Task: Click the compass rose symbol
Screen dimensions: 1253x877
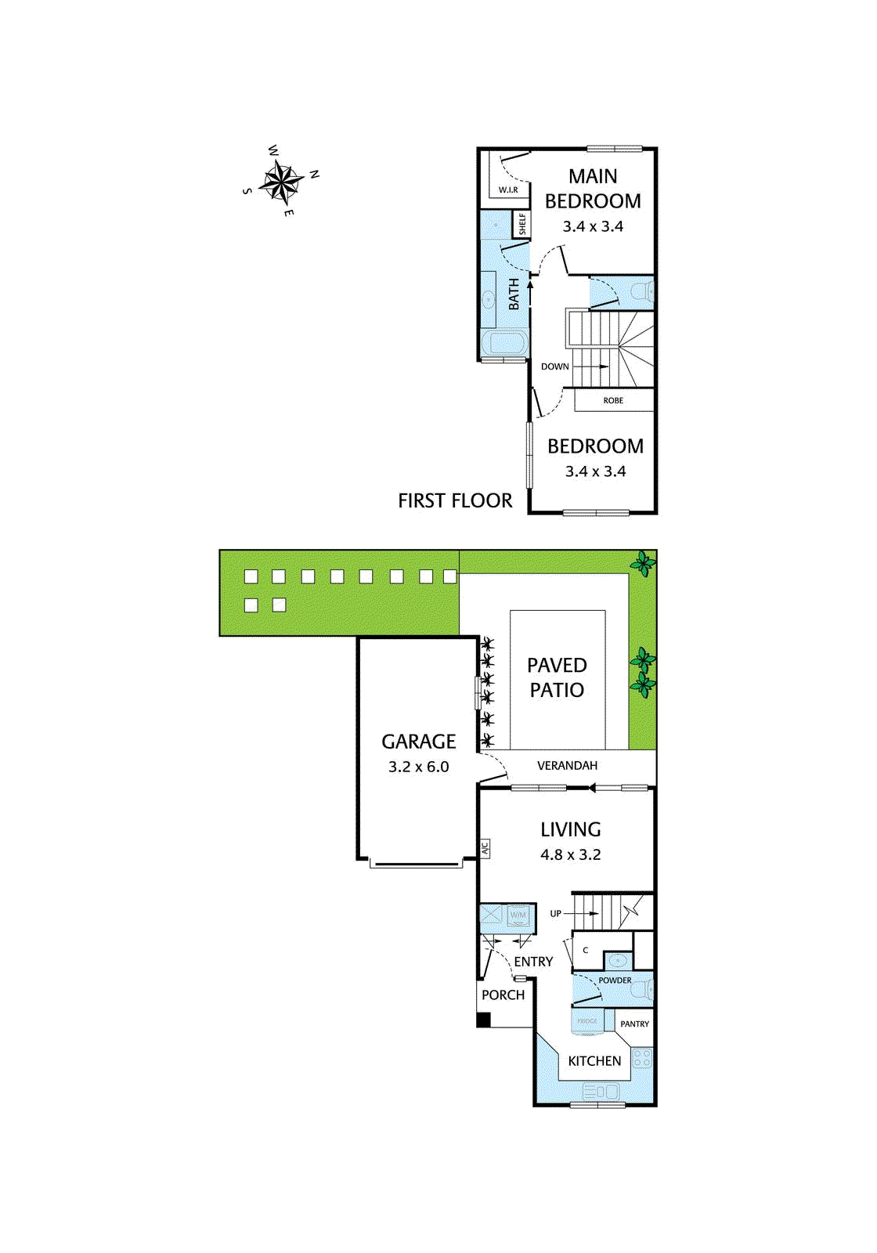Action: [281, 182]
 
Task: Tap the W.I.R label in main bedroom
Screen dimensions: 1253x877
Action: [508, 190]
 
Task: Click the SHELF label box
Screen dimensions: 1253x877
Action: [522, 224]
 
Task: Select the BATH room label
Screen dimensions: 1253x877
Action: [514, 294]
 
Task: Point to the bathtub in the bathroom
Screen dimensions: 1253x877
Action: [503, 343]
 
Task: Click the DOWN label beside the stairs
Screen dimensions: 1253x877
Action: [554, 367]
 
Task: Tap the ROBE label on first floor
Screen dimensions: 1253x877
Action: [613, 400]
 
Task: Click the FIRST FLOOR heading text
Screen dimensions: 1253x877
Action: [455, 500]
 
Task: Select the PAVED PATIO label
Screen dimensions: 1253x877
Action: [557, 677]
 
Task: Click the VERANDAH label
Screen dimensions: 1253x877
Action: [567, 765]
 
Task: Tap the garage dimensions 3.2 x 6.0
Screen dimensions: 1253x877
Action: [419, 767]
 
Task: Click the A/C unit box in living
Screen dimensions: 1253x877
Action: [485, 848]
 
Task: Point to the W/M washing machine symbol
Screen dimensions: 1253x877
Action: [518, 915]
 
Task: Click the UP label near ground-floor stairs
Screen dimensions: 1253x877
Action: [556, 913]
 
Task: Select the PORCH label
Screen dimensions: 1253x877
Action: [503, 995]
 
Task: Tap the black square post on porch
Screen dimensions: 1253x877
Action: [484, 1020]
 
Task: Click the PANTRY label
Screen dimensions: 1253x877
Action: [634, 1024]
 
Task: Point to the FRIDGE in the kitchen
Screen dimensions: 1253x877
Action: [587, 1021]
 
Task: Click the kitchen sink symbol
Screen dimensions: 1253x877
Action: [601, 1091]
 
